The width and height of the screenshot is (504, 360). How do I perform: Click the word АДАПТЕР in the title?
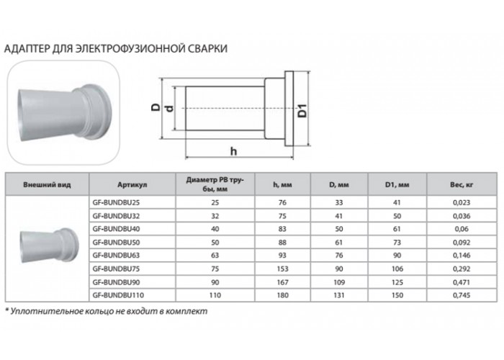click(x=27, y=49)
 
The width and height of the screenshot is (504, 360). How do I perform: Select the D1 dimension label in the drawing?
click(x=302, y=111)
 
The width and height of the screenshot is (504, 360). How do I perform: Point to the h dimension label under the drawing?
click(x=234, y=150)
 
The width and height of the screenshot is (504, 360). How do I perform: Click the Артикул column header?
click(x=132, y=185)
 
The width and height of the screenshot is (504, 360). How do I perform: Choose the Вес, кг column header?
click(x=462, y=185)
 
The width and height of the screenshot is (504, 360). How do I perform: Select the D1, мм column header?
click(x=397, y=185)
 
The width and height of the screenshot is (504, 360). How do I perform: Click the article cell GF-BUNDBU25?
click(x=116, y=202)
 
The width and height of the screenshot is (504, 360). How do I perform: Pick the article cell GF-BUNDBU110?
click(x=118, y=295)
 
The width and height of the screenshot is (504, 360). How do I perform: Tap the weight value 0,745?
click(x=462, y=295)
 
